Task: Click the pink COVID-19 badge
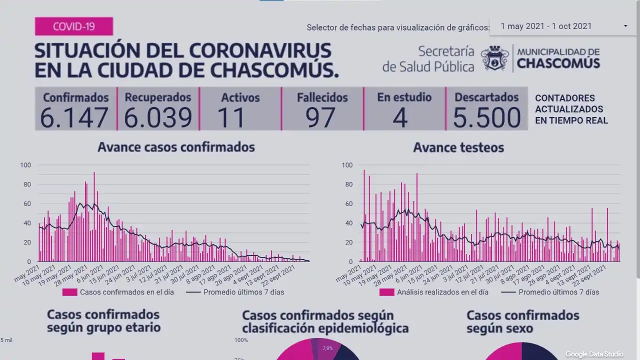74,26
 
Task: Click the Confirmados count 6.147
74,117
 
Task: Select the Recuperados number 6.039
158,117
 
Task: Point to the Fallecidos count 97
321,117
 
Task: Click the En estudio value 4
400,117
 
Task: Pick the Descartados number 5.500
486,117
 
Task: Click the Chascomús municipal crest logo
495,58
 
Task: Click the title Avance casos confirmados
176,147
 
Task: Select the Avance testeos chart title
458,147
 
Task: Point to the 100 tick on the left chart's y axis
25,165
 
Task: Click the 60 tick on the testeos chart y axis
347,203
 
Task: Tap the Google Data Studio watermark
594,354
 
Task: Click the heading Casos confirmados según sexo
522,321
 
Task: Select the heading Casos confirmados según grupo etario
103,320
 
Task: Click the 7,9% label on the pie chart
327,348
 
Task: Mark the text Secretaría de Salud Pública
428,59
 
